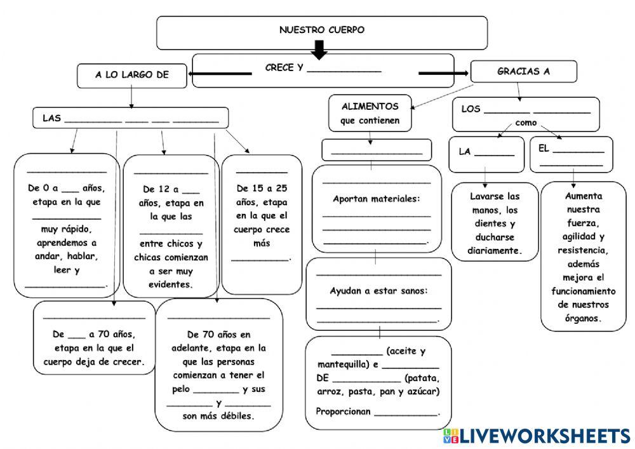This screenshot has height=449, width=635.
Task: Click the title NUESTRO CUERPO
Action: tap(322, 30)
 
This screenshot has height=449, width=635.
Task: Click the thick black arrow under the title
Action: tap(319, 50)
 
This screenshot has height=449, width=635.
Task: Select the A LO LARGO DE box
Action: tap(132, 75)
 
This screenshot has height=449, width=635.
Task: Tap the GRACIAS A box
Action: tap(523, 72)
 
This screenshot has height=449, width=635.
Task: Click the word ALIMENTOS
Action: tap(370, 106)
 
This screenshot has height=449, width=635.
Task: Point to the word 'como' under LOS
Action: tap(526, 123)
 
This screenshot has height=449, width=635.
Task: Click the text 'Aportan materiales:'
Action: tap(376, 199)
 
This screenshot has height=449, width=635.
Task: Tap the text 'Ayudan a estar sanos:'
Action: tap(378, 291)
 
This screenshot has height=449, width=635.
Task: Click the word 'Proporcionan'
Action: tap(343, 411)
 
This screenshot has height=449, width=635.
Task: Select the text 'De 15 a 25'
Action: tap(261, 189)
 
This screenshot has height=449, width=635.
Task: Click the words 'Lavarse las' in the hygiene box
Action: tap(495, 196)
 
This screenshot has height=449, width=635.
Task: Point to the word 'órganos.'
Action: tap(583, 319)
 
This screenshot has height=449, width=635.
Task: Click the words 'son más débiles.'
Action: tap(218, 417)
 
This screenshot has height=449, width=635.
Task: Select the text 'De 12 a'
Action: tap(162, 189)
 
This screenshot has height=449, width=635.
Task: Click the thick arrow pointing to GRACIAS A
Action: tap(443, 74)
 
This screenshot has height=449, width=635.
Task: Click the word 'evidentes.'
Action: tap(170, 285)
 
